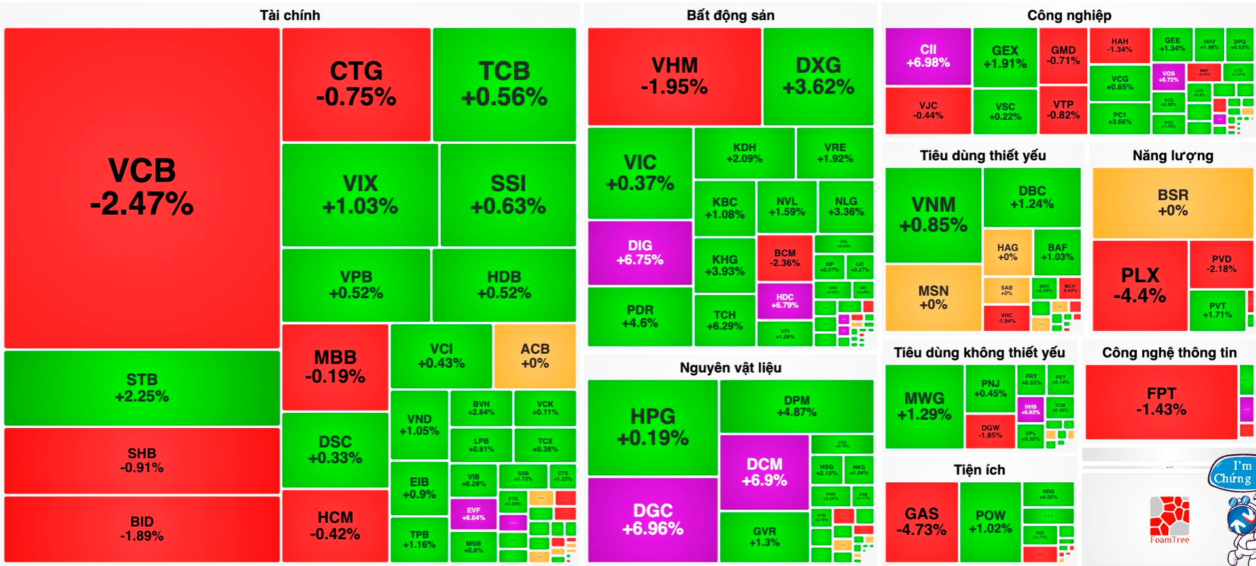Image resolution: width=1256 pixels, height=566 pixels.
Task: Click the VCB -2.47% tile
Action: (142, 188)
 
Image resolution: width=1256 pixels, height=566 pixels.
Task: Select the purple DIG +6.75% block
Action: (640, 252)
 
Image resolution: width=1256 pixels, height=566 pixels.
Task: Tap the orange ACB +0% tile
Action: (534, 356)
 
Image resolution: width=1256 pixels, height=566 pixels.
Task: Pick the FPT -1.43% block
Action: (1161, 401)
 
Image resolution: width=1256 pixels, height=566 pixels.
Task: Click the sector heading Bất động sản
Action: (730, 16)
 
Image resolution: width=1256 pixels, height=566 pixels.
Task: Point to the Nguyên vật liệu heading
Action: (730, 367)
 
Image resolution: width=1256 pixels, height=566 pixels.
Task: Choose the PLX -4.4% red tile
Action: (1140, 286)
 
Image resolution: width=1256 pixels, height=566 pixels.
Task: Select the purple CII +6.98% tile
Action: (928, 56)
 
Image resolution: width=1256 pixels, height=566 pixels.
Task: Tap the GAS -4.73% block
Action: (921, 522)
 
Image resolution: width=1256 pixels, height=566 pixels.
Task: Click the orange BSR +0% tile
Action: (1172, 203)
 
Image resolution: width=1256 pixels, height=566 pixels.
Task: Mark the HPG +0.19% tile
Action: (652, 427)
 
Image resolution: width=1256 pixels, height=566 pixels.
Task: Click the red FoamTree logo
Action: (1170, 520)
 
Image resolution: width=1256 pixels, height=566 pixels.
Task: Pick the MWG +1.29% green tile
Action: (924, 406)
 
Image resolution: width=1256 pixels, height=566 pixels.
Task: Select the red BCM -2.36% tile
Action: (784, 258)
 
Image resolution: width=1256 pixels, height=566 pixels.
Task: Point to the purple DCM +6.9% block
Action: (764, 472)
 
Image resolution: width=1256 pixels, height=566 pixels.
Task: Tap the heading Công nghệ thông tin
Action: (1169, 353)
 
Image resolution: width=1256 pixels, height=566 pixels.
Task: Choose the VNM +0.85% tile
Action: (933, 214)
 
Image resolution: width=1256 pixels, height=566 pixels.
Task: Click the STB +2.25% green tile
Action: (142, 388)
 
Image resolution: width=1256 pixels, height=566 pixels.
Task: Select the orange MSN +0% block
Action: (933, 297)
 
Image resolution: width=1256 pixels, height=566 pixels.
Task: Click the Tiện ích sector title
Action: (979, 470)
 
